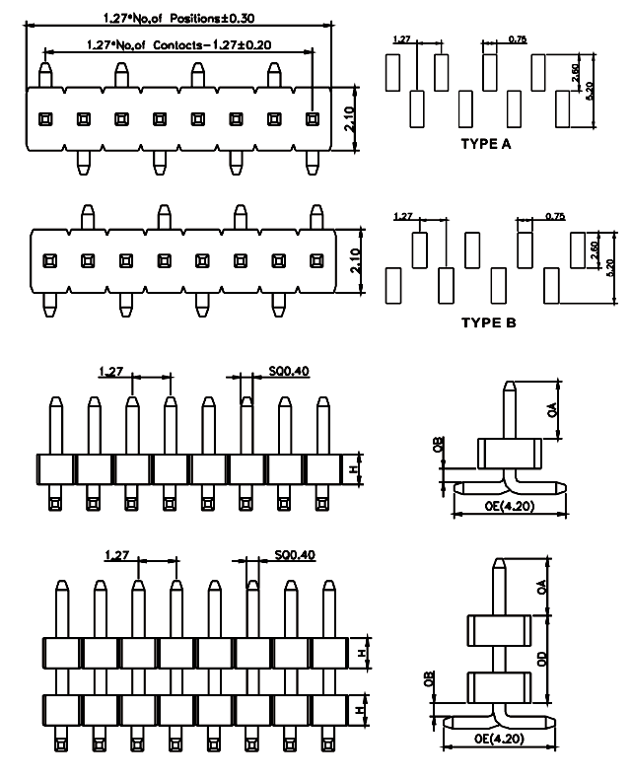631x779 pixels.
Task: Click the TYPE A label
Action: pyautogui.click(x=486, y=144)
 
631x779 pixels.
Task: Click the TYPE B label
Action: pyautogui.click(x=486, y=321)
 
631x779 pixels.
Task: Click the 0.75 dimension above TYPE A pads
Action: pyautogui.click(x=518, y=38)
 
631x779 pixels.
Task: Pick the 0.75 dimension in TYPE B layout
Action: pyautogui.click(x=554, y=216)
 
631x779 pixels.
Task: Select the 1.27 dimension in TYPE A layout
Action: pyautogui.click(x=401, y=38)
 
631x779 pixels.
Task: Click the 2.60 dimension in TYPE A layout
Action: pyautogui.click(x=576, y=72)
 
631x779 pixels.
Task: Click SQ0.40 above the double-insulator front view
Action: pyautogui.click(x=294, y=555)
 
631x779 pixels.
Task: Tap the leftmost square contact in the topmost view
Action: pyautogui.click(x=44, y=119)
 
